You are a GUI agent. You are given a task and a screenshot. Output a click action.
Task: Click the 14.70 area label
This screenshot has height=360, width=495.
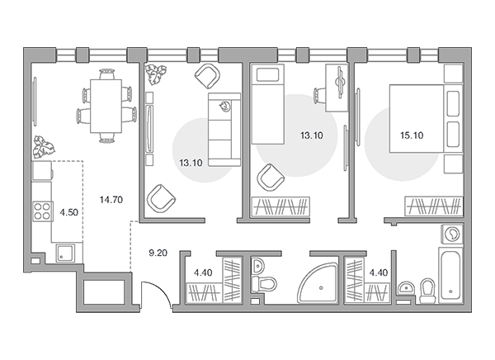pos(111,200)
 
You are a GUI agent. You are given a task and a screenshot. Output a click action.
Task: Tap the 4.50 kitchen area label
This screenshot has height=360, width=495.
pos(69,212)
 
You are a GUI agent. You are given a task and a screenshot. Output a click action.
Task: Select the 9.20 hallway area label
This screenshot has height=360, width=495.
pos(158,253)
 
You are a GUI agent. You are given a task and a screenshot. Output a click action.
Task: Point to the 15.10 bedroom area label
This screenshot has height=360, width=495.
pos(412,135)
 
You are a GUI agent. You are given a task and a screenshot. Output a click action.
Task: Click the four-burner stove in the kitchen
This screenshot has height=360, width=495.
pos(42,211)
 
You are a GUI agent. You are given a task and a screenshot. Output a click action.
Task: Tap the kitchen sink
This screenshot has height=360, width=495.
pos(65,253)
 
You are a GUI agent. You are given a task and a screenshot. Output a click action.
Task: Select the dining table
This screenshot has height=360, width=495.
pos(106,106)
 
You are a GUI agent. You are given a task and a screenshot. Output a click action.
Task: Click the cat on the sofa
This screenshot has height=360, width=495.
pos(224,107)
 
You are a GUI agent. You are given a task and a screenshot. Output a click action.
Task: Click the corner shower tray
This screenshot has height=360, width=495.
pos(318,283)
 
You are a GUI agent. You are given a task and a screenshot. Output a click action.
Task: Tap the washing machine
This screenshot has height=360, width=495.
pos(452,234)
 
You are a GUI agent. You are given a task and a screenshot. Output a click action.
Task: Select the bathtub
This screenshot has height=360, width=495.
pos(450,275)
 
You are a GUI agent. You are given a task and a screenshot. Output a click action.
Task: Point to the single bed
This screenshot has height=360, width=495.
pos(267,104)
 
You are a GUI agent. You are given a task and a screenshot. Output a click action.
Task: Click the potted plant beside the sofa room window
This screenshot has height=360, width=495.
pos(155,74)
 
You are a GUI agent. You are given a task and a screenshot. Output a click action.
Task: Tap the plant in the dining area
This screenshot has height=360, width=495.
pos(44,147)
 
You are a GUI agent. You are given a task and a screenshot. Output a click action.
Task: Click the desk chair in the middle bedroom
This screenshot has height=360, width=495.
pos(320,95)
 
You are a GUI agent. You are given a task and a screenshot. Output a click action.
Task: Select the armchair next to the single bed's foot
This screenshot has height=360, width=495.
pos(271,178)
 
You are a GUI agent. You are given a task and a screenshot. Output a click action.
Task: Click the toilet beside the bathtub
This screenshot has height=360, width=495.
pos(428,291)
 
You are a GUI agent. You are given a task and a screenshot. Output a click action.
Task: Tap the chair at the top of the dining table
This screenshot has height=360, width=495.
pos(106,74)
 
